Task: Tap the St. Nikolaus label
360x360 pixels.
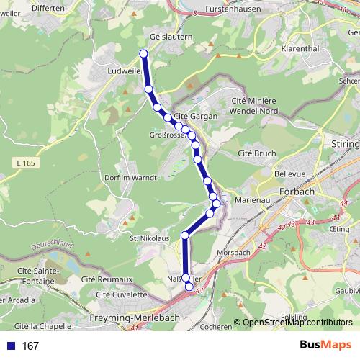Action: tap(149, 238)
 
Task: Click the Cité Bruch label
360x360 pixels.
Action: tap(257, 153)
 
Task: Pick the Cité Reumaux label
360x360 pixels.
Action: tap(107, 279)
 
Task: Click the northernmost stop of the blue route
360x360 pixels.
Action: tap(143, 53)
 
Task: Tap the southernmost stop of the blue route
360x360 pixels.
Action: tap(189, 287)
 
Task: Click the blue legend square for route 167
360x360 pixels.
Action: tap(10, 346)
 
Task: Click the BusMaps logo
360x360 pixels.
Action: tap(325, 346)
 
